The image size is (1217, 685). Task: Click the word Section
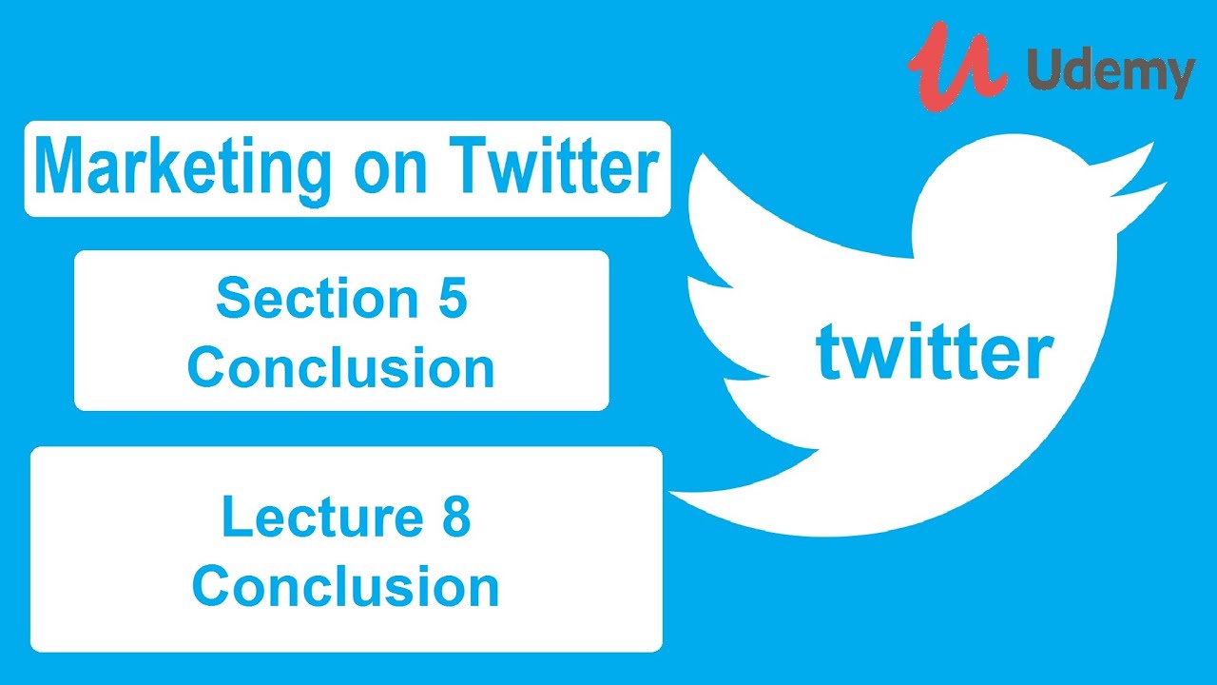tap(305, 300)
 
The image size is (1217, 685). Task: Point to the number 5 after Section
tap(451, 300)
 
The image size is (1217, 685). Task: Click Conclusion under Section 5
tap(340, 368)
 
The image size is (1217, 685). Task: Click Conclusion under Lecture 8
tap(345, 587)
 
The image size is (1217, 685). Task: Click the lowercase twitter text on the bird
tap(934, 352)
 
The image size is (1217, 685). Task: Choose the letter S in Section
tap(234, 300)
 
